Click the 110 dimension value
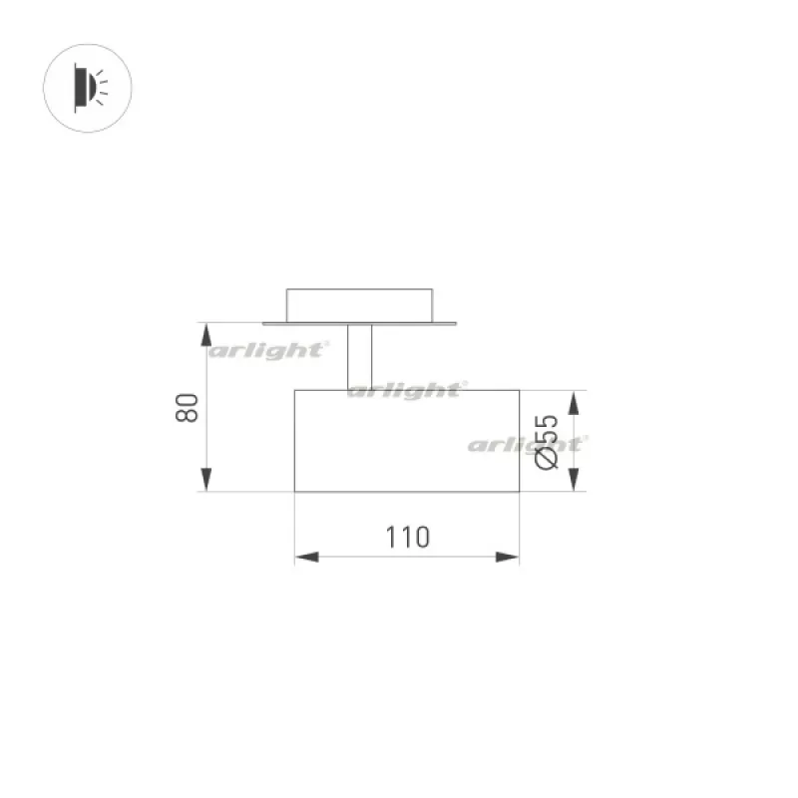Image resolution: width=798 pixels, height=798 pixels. (408, 537)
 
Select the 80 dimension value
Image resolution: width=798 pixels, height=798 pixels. (187, 408)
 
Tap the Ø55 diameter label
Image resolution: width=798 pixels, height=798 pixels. (547, 442)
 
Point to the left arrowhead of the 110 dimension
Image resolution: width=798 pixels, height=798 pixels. (307, 557)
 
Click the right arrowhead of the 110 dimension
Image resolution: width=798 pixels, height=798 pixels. (508, 557)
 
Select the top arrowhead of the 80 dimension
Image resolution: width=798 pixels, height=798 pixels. (206, 335)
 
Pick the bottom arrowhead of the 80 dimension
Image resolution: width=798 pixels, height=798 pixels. (206, 480)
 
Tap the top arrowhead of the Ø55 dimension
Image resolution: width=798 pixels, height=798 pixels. (574, 403)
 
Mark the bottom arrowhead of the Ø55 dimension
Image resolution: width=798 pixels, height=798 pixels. (574, 480)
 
